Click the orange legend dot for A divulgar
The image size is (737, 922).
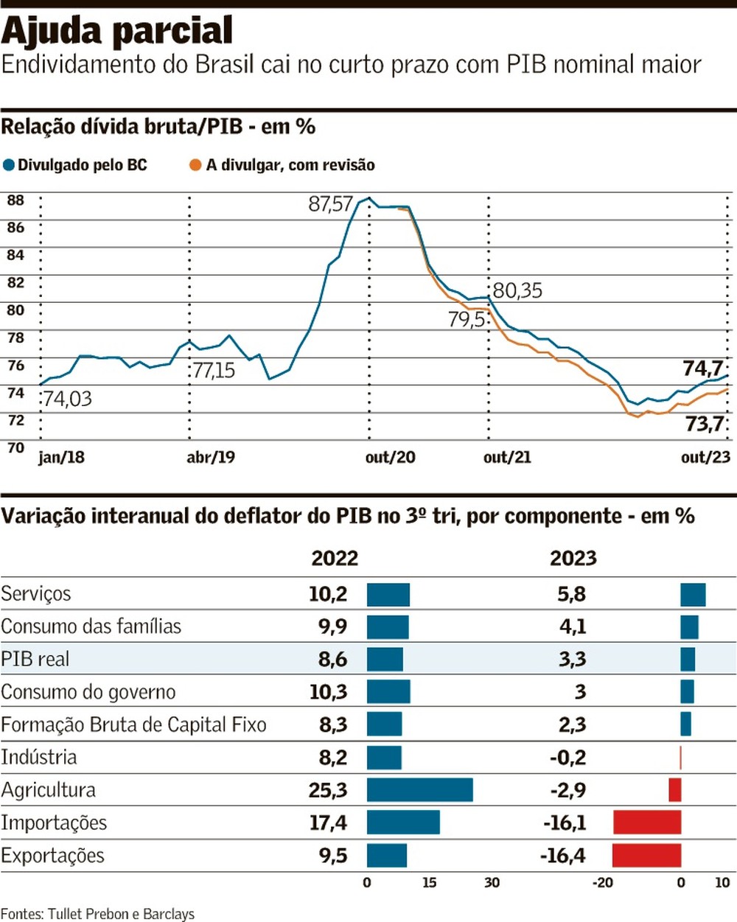195,165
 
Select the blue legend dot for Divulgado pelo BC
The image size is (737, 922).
8,165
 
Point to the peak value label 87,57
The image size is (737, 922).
331,204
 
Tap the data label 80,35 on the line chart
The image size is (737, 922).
517,290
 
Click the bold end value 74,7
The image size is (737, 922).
703,368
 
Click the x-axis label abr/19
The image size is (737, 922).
211,458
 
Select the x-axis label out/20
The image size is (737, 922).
390,458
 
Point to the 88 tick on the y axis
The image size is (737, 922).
15,200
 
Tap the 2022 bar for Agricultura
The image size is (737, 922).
419,790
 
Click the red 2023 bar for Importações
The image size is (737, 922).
647,823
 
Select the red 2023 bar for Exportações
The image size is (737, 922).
646,856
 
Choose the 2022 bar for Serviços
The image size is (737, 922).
388,594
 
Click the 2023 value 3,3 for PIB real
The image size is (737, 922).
572,659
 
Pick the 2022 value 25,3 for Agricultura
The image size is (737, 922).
328,790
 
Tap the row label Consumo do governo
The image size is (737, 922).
88,692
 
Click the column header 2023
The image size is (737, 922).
573,558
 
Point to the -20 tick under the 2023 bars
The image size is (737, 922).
603,883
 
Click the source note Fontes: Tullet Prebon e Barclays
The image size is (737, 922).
97,914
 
